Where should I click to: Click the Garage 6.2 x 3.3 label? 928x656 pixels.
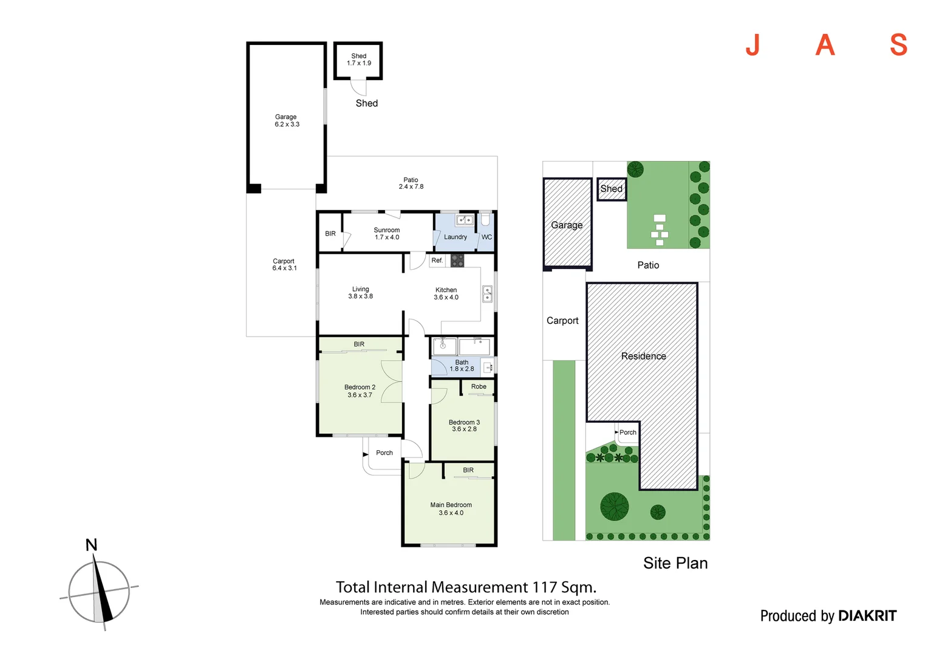[287, 121]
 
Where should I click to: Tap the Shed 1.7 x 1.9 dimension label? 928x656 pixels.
[359, 60]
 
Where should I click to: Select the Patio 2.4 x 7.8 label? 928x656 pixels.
[411, 183]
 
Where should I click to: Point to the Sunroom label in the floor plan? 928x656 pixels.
[386, 230]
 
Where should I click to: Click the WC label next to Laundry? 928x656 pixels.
[486, 237]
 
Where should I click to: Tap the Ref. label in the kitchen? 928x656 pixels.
[437, 260]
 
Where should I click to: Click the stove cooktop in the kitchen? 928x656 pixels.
[457, 261]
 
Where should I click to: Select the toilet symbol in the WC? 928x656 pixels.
[485, 220]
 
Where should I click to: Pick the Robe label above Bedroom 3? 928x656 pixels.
[479, 387]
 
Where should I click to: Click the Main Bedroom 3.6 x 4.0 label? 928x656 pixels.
[451, 509]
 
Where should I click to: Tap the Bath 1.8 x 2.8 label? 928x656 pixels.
[462, 366]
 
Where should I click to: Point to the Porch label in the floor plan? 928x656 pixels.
[384, 453]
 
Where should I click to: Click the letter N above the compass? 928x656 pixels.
[92, 545]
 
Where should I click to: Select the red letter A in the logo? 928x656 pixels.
[825, 45]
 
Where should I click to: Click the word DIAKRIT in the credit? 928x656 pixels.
[867, 616]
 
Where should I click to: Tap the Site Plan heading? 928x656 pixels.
[675, 563]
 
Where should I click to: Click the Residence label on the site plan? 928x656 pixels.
[643, 356]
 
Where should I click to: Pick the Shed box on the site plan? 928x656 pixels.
[612, 190]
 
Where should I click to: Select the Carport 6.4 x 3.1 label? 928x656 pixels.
[284, 264]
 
